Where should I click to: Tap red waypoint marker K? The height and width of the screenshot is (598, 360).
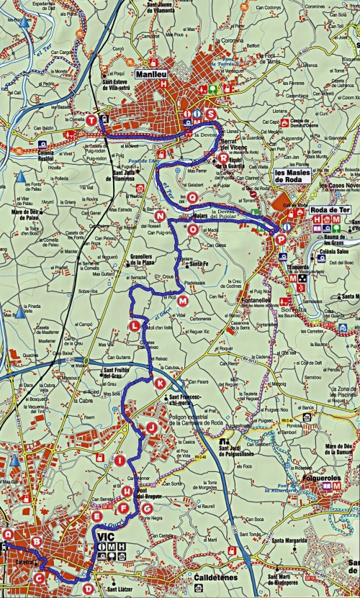point(159,384)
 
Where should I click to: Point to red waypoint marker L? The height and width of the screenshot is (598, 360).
point(135,327)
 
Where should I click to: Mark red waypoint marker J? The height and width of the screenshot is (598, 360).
point(151,427)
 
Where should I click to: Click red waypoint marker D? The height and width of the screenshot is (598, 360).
point(88,589)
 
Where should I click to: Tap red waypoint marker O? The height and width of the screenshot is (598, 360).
point(192,229)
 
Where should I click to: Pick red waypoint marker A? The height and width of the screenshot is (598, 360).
point(8,535)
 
